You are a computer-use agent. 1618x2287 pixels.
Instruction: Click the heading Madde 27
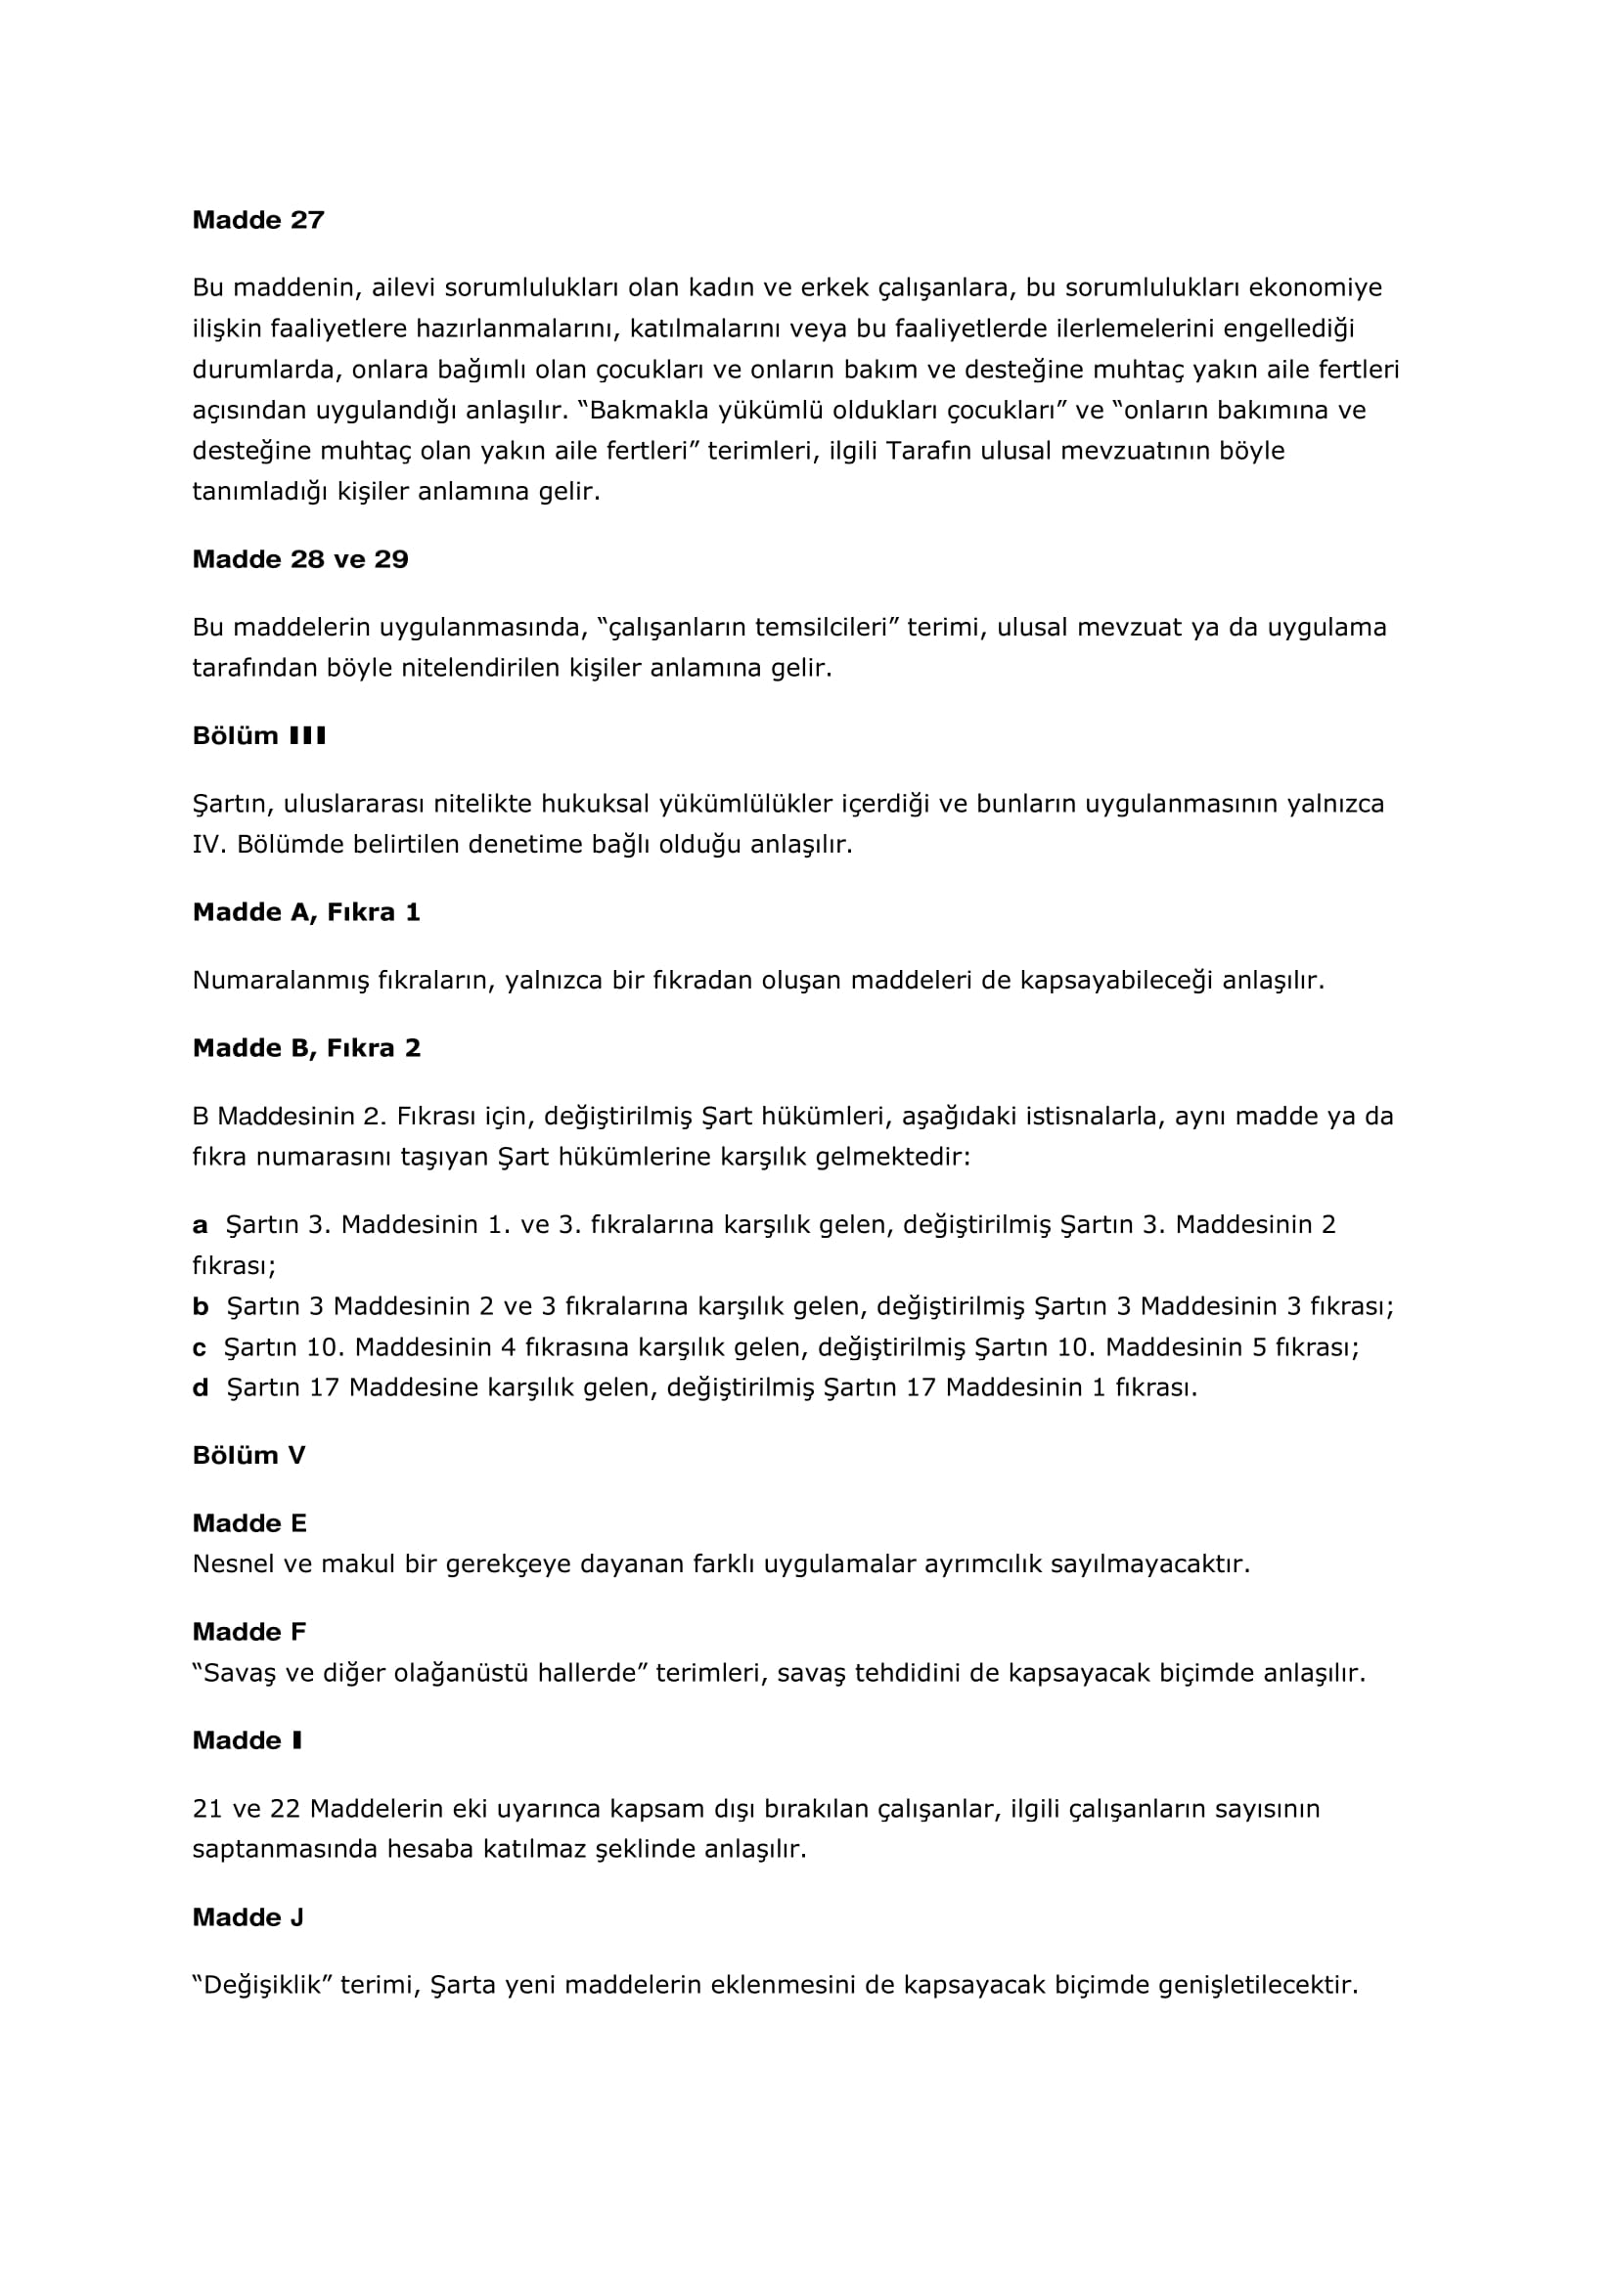(258, 220)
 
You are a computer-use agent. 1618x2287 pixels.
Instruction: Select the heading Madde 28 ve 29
(300, 560)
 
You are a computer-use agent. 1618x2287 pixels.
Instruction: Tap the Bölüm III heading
(259, 736)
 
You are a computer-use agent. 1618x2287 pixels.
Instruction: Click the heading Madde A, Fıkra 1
(306, 912)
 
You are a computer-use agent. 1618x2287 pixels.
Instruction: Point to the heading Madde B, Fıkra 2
(306, 1048)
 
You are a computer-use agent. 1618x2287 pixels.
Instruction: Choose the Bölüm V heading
(248, 1455)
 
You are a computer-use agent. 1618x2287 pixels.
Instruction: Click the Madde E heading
(249, 1523)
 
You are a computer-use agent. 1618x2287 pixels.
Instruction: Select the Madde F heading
(249, 1632)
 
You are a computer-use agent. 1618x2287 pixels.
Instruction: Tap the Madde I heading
(247, 1740)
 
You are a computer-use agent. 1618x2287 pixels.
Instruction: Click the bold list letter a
(201, 1224)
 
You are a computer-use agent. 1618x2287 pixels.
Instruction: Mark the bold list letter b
(201, 1306)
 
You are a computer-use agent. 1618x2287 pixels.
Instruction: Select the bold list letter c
(200, 1346)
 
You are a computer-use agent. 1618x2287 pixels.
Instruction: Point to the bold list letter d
(201, 1387)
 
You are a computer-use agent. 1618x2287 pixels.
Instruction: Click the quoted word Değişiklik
(261, 1985)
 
